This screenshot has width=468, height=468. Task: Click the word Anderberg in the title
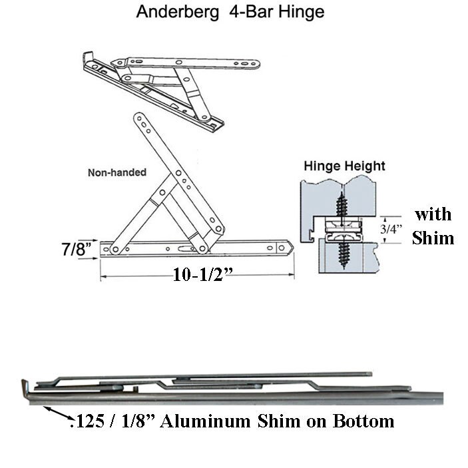(177, 12)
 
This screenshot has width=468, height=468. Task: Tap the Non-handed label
(117, 172)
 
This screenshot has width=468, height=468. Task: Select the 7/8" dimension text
(76, 248)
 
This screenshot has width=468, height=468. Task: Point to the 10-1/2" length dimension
(202, 274)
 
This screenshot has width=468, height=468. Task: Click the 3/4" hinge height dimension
(391, 229)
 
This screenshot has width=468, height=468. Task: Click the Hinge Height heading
(344, 166)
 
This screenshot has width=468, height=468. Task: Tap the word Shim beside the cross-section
(433, 238)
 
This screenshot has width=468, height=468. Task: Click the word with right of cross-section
(433, 214)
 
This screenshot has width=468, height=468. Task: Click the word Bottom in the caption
(363, 421)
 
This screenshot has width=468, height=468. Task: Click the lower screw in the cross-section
(344, 252)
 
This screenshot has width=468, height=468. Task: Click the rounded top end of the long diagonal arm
(138, 117)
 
